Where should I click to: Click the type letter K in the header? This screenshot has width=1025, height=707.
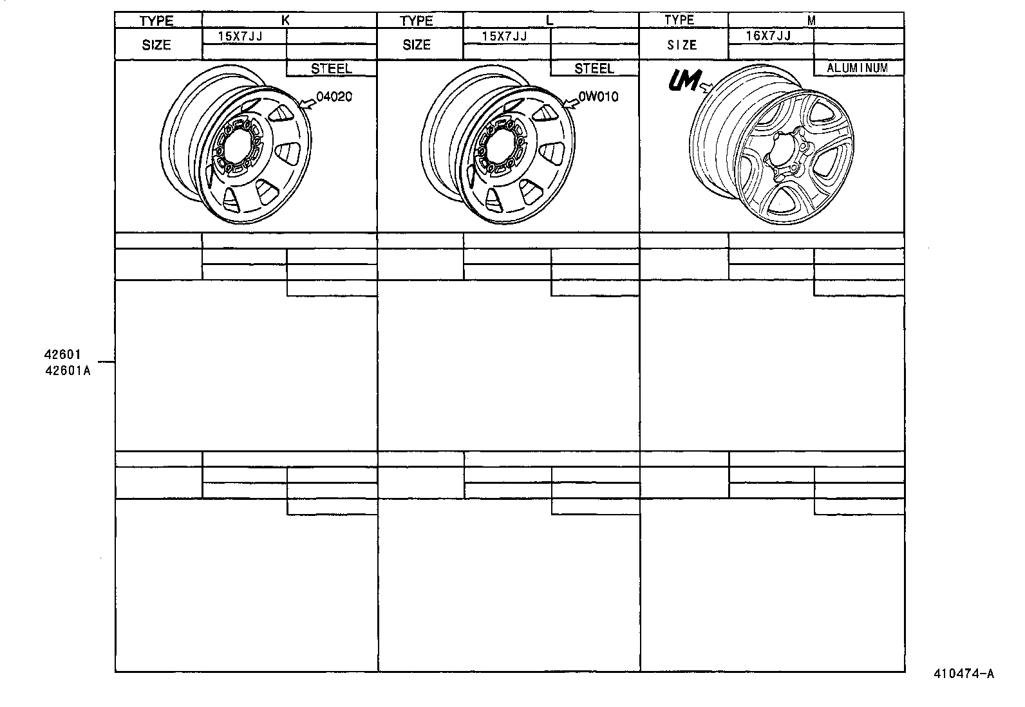click(286, 20)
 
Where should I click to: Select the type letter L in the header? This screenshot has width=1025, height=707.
click(549, 20)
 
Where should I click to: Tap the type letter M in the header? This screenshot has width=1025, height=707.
click(811, 20)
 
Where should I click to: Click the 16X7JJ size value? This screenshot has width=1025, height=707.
click(768, 36)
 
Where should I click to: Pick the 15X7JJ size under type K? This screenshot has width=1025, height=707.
click(240, 36)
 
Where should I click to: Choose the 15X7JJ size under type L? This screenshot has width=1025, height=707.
click(504, 36)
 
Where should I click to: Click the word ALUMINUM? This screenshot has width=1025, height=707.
click(857, 68)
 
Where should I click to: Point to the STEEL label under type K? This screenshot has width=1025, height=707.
click(331, 68)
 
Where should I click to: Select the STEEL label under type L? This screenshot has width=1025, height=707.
click(594, 68)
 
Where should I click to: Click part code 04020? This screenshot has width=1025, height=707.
click(335, 97)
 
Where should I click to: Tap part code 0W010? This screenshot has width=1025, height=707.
click(598, 97)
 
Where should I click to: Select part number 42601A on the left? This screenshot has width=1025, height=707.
click(67, 370)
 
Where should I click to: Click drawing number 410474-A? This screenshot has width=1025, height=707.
click(964, 674)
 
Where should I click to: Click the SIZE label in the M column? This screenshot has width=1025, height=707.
click(681, 45)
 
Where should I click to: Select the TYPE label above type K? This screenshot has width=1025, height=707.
click(156, 21)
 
